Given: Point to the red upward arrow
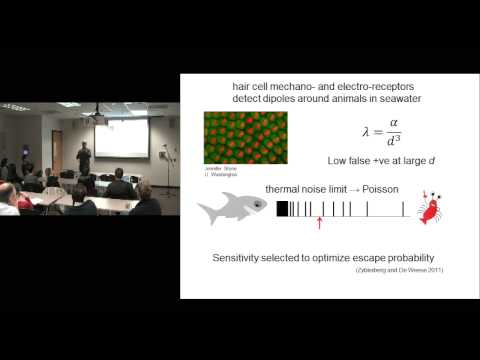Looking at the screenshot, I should [x=319, y=221].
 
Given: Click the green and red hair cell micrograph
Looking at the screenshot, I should [x=245, y=137].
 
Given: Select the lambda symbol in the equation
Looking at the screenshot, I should [x=364, y=133].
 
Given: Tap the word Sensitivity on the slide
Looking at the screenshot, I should [x=239, y=257].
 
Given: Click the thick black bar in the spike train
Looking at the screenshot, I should [x=283, y=209].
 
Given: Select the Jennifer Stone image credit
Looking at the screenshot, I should [x=214, y=169].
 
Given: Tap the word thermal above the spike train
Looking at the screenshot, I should [x=283, y=189].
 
